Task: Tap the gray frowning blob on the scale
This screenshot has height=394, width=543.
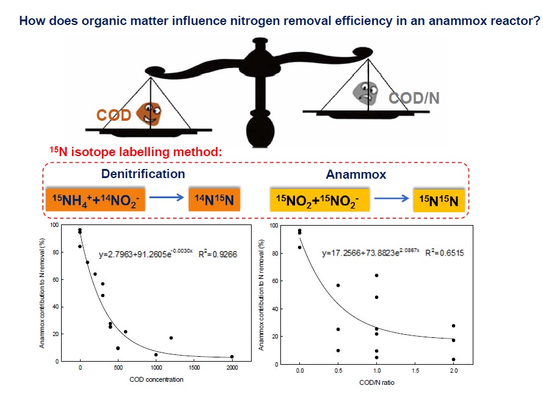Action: pos(367,93)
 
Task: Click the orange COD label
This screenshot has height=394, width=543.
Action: pos(114,115)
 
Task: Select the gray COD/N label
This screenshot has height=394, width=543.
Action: pos(414,98)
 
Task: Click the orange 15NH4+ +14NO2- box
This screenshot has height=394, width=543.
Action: pos(95,198)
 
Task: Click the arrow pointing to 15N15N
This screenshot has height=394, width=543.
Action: pos(392,198)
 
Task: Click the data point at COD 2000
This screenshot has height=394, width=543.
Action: pos(232,357)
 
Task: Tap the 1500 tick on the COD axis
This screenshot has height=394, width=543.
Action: pos(194,368)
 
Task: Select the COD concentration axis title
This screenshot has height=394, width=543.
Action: pos(156,379)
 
